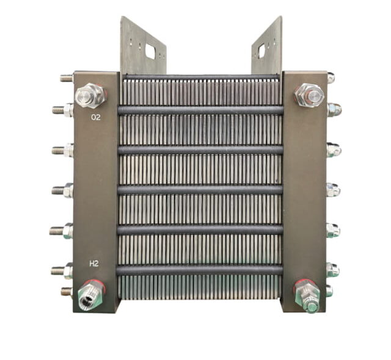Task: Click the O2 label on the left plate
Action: tap(96, 117)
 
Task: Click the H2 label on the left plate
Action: tap(94, 264)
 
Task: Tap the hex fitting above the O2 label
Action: tap(90, 95)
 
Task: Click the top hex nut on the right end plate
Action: tap(308, 95)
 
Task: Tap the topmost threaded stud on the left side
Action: tap(66, 78)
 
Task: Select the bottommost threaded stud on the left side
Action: tap(66, 292)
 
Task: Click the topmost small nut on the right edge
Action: tap(331, 77)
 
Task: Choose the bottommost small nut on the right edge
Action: tap(330, 291)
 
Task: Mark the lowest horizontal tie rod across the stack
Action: tap(201, 269)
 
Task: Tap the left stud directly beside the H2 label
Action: tap(63, 269)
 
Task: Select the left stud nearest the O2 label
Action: tap(63, 110)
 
